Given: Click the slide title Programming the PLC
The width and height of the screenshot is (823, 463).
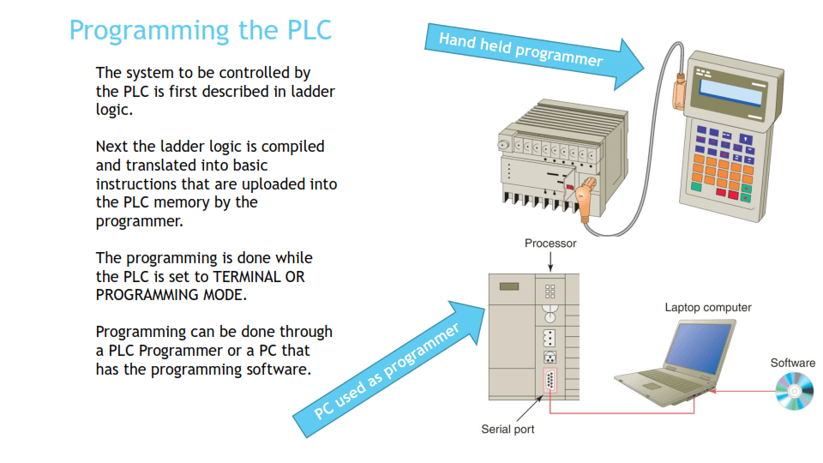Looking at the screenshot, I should tap(200, 30).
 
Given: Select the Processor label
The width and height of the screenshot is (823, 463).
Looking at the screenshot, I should tap(550, 244).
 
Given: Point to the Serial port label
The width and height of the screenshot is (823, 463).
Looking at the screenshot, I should tap(508, 429).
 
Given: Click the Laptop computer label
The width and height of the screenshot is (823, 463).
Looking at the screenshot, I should tap(708, 307).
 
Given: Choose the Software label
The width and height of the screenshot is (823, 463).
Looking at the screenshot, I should tap(792, 363).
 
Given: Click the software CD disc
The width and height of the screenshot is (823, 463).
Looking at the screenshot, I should tap(794, 393).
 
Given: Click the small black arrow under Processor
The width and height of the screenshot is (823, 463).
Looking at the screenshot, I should tap(550, 261).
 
